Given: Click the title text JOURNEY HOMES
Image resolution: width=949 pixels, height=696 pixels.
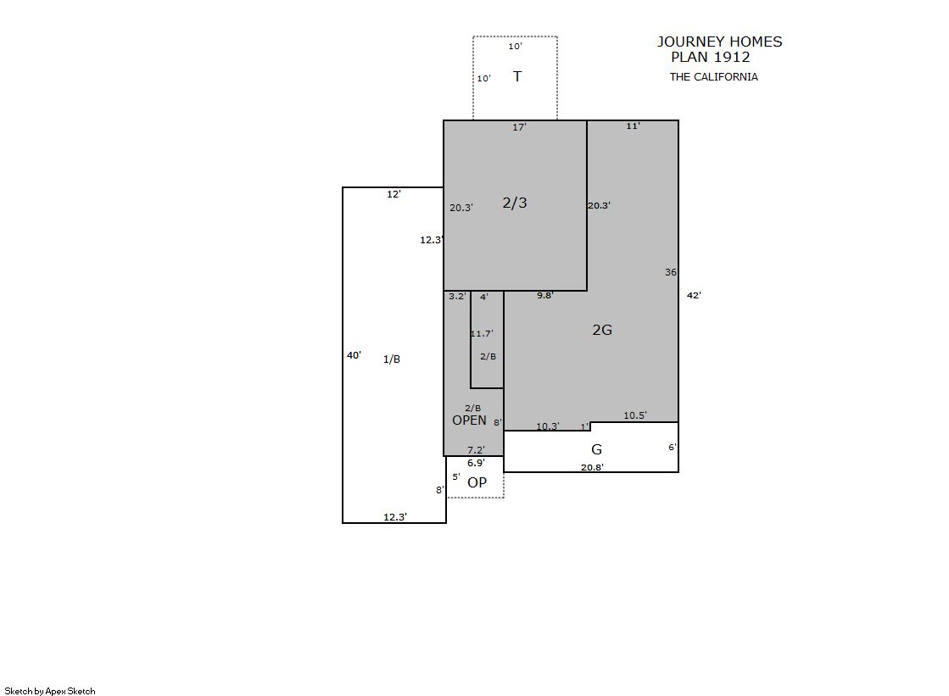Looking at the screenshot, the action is click(x=720, y=42).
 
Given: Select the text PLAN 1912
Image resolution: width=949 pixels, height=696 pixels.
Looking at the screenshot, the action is click(x=711, y=57).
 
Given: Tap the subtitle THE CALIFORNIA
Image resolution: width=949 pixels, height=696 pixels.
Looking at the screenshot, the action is click(x=713, y=77).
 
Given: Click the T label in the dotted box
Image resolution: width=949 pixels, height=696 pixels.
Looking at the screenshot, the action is click(x=516, y=76).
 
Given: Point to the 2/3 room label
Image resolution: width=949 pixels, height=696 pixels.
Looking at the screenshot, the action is click(x=515, y=203).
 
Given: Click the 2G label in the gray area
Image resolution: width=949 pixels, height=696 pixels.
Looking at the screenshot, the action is click(x=602, y=330).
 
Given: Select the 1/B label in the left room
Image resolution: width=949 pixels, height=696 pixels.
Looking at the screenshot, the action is click(x=392, y=359).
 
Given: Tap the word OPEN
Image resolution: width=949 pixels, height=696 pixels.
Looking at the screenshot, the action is click(x=469, y=420).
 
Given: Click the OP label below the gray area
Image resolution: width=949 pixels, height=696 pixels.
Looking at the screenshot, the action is click(x=477, y=482).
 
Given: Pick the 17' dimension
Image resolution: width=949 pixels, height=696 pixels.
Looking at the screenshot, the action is click(x=519, y=127).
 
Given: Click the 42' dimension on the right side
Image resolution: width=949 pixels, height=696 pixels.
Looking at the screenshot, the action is click(x=694, y=295).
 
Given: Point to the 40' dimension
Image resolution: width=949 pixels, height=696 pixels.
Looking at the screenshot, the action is click(x=354, y=355).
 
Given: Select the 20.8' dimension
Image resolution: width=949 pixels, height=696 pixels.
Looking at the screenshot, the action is click(x=592, y=467).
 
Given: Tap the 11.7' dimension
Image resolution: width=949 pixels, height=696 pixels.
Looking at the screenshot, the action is click(x=482, y=333).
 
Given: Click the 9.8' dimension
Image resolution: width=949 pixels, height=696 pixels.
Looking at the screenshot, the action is click(x=544, y=295).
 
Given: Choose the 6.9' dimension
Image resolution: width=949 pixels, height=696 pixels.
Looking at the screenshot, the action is click(x=476, y=463).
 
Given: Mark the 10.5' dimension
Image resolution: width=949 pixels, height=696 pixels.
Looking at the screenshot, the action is click(x=635, y=415).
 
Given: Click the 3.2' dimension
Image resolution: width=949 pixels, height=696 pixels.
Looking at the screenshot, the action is click(x=458, y=296).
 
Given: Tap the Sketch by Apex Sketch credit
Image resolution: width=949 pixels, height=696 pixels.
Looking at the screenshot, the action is click(x=50, y=691).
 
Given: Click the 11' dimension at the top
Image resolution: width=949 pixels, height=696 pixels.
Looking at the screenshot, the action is click(x=633, y=125).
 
